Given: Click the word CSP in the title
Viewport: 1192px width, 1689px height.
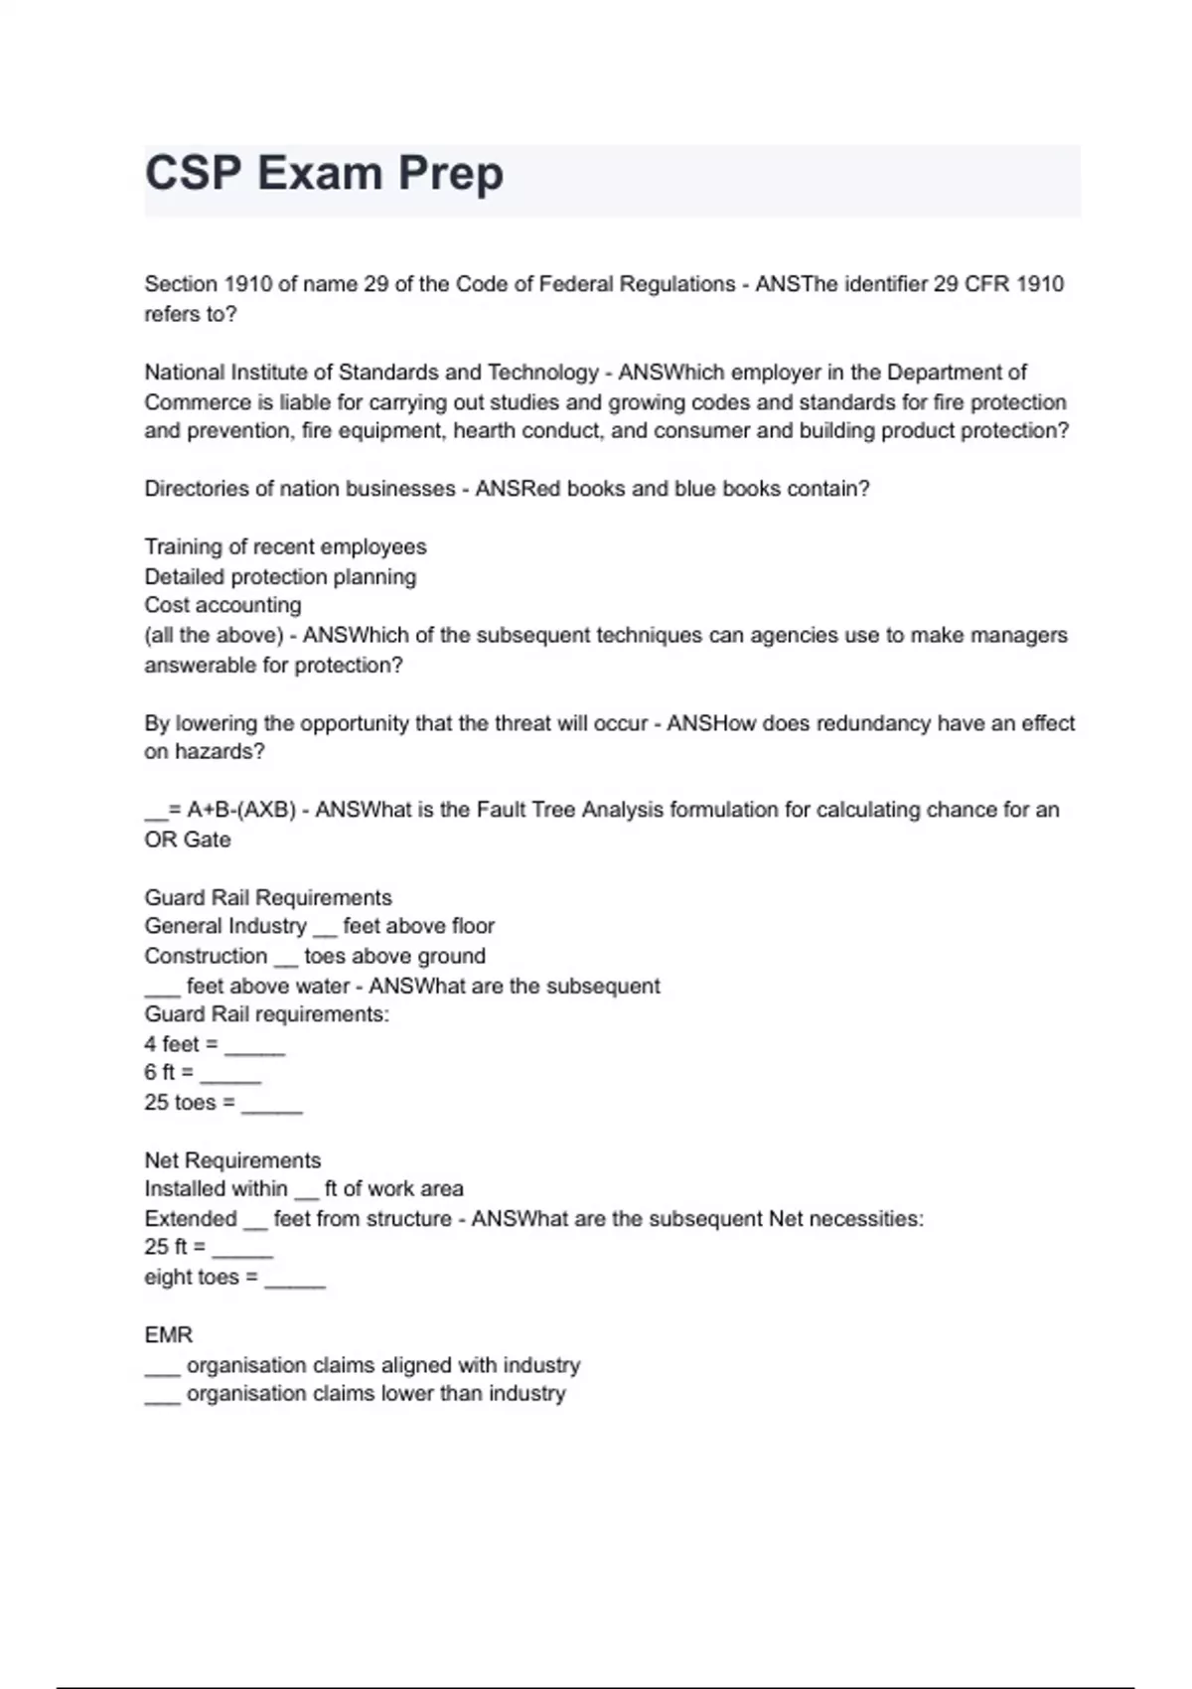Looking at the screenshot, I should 193,173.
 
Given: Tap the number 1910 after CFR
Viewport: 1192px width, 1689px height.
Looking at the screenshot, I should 1039,284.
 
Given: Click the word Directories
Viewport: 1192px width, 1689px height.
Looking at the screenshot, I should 197,489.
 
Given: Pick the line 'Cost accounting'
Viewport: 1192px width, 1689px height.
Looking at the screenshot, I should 223,605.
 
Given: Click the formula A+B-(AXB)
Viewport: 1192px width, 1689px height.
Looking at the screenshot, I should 241,810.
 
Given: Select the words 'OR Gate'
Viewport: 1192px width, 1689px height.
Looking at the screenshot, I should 188,840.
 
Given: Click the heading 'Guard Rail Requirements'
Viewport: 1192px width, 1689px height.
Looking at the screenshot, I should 268,898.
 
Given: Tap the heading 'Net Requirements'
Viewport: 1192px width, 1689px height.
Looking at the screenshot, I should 232,1160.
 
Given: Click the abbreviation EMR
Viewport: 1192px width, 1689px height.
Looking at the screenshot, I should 169,1335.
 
